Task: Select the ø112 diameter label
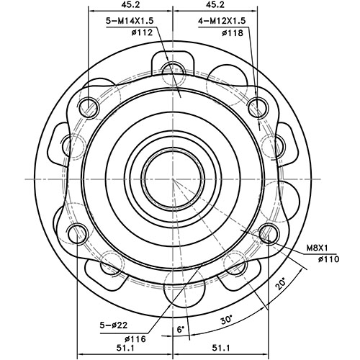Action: pyautogui.click(x=138, y=33)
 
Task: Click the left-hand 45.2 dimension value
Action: pyautogui.click(x=131, y=6)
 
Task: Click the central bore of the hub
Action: pyautogui.click(x=174, y=177)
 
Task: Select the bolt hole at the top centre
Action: pyautogui.click(x=174, y=70)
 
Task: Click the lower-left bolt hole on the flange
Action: pyautogui.click(x=78, y=231)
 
